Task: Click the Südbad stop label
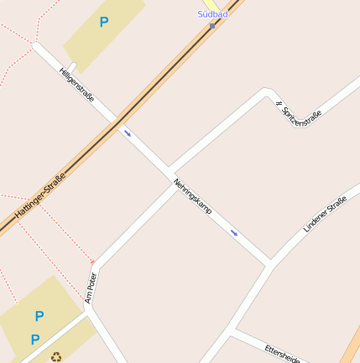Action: (212, 13)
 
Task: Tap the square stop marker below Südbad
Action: (212, 24)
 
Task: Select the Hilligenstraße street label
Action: (77, 86)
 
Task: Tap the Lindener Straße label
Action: (325, 213)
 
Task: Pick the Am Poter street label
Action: (91, 287)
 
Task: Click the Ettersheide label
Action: (282, 354)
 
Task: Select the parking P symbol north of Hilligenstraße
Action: (104, 23)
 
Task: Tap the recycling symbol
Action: (56, 357)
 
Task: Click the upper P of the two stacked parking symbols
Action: (39, 316)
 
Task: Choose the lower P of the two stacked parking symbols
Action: (34, 340)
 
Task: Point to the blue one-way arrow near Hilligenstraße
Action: (128, 132)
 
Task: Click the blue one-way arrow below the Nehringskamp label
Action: (234, 232)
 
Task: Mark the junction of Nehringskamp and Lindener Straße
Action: (270, 264)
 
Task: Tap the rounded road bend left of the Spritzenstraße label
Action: (268, 91)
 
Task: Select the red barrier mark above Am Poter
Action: (91, 262)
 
